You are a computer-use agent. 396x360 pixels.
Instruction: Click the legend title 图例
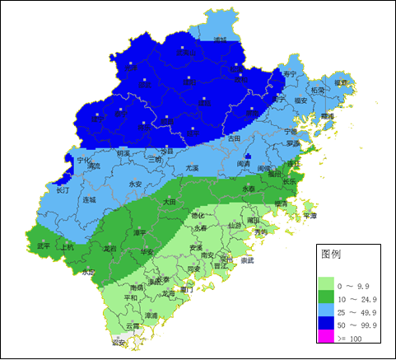pos(330,254)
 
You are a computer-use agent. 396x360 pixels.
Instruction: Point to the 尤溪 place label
pos(192,167)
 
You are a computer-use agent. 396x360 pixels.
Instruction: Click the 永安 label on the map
pos(137,184)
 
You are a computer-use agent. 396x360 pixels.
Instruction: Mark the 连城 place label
pos(90,199)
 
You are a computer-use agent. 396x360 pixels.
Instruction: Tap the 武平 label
pos(44,245)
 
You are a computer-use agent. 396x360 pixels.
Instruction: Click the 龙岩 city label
pos(109,247)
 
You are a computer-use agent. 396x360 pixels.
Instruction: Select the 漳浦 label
pos(151,315)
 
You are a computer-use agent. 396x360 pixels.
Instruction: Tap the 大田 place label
pos(169,201)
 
